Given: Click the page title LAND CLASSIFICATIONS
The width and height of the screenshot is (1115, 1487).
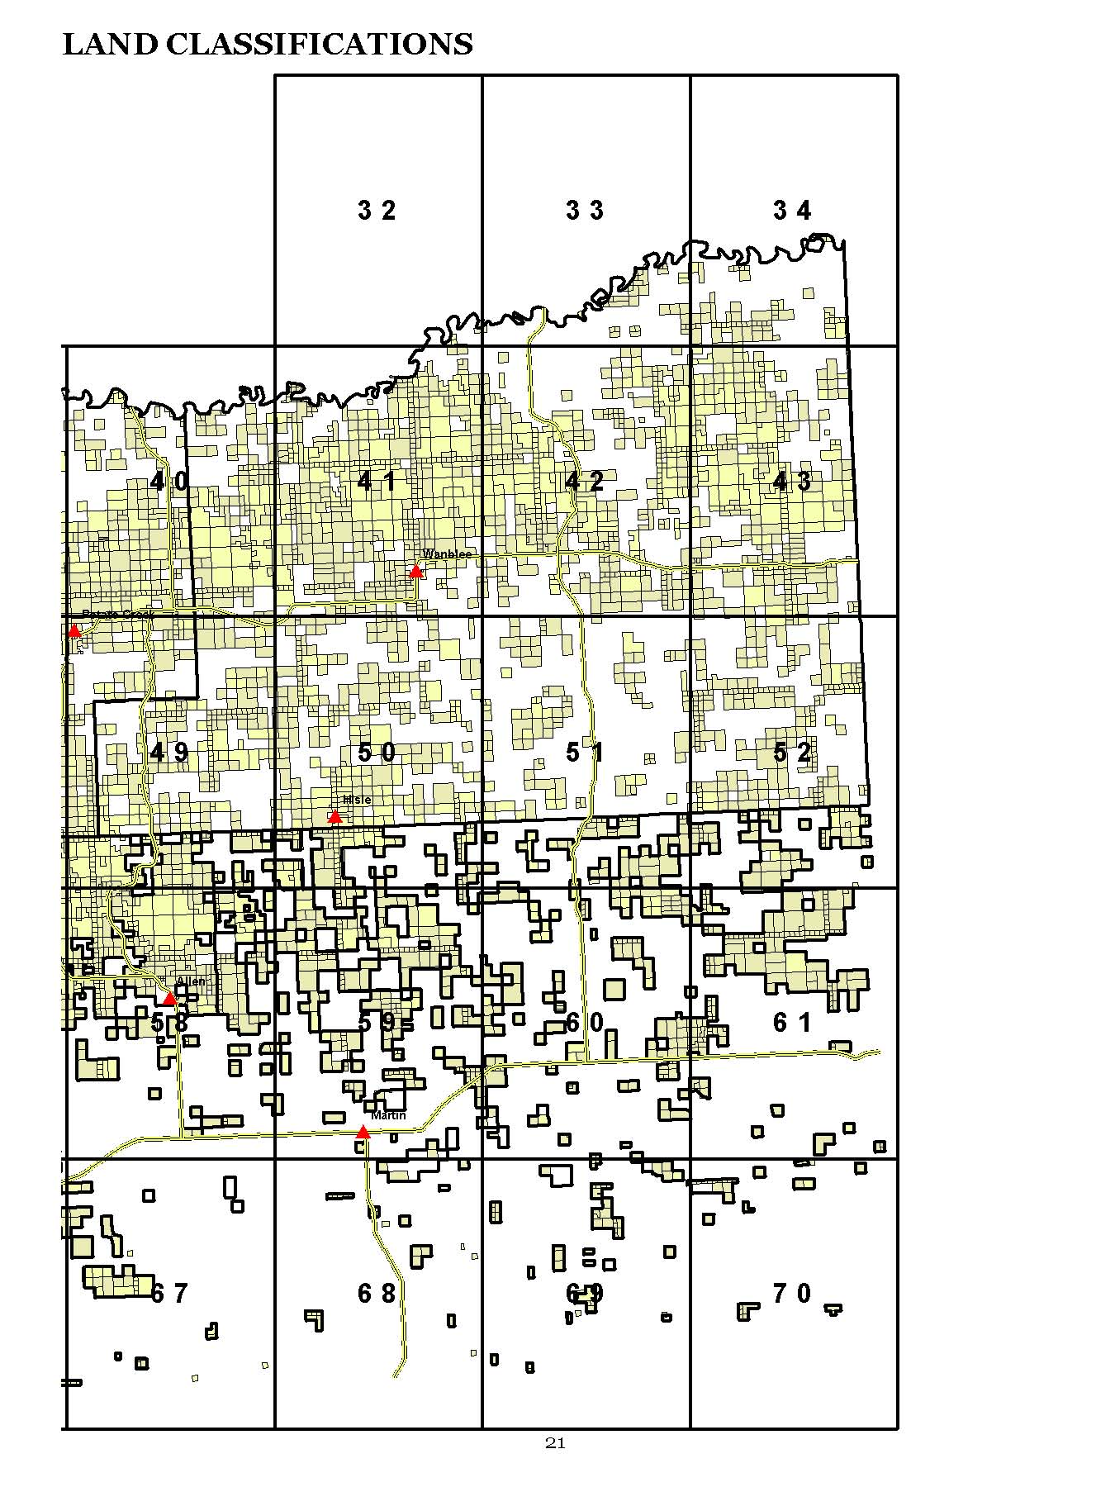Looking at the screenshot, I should coord(268,45).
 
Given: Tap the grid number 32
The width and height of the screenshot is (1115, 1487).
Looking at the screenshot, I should coord(377,211).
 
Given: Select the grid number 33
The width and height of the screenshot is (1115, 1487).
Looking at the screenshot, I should coord(585,211).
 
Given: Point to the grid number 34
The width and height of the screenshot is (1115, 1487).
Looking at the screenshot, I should coord(792,211).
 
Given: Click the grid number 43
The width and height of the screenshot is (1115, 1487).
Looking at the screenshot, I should coord(792,481).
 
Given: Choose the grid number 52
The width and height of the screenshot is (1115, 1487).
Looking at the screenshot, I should coord(792,752).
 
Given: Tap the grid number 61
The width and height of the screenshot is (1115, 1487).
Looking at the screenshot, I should coord(792,1023).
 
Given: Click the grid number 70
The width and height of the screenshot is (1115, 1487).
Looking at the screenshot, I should coord(792,1293).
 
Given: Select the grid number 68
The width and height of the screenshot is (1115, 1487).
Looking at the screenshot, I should coord(377,1293).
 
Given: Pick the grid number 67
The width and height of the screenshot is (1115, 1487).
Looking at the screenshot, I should coord(169,1293).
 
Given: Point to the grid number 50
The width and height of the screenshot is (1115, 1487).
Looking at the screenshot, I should coord(377,752).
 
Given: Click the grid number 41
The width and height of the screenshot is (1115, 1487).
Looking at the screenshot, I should coord(377,481).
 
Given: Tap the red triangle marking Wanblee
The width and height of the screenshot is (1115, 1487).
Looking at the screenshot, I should coord(416,572).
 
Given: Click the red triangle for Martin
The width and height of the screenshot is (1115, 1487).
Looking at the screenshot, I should coord(363,1132).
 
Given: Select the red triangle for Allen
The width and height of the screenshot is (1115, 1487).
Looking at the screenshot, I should coord(169,998).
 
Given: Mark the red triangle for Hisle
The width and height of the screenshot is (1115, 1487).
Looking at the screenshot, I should coord(334,816).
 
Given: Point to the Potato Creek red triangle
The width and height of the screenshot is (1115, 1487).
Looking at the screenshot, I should coord(74,630).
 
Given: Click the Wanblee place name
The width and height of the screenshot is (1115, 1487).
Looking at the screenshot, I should coord(447,553).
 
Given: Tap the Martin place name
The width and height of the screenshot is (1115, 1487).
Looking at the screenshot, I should coord(388,1115).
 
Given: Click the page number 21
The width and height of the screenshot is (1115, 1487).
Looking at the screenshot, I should coord(555,1443).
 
